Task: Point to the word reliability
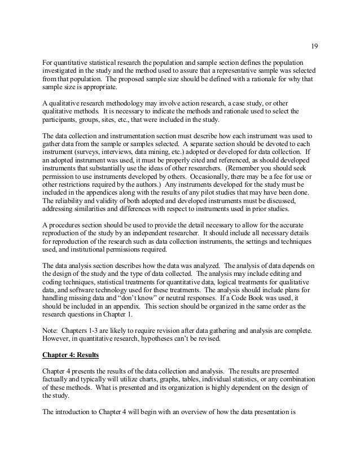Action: tap(69, 205)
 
